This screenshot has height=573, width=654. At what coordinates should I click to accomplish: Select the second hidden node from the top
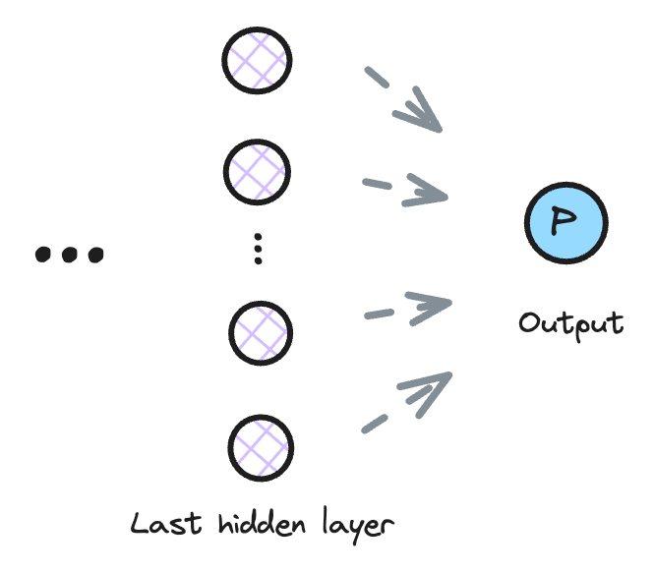pyautogui.click(x=258, y=173)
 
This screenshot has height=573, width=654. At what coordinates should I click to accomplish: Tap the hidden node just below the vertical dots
pyautogui.click(x=260, y=333)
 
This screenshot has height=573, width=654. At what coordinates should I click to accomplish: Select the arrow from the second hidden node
pyautogui.click(x=405, y=189)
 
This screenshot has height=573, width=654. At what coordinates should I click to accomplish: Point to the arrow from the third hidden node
pyautogui.click(x=407, y=309)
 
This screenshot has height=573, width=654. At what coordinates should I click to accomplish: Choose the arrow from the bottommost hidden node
pyautogui.click(x=407, y=402)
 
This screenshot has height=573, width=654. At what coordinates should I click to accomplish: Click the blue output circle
pyautogui.click(x=565, y=224)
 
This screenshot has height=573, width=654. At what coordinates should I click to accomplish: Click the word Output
pyautogui.click(x=570, y=323)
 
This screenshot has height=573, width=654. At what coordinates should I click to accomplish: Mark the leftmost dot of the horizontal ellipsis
pyautogui.click(x=42, y=256)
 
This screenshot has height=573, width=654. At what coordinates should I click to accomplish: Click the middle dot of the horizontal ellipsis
pyautogui.click(x=69, y=256)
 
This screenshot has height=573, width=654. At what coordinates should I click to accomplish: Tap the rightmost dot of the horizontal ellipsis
pyautogui.click(x=95, y=256)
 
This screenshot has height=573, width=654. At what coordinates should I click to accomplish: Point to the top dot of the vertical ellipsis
pyautogui.click(x=258, y=237)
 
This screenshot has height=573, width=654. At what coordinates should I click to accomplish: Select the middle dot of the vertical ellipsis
pyautogui.click(x=258, y=249)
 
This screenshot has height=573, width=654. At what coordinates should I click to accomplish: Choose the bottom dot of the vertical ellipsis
pyautogui.click(x=258, y=261)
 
